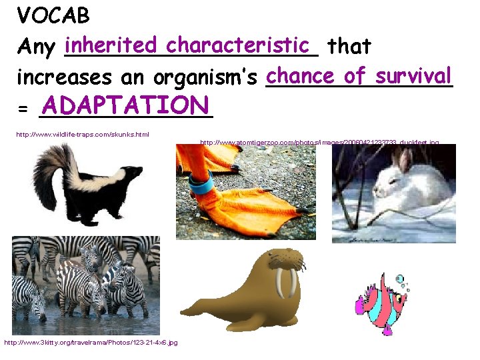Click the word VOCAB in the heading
[x=53, y=15]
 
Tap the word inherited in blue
[x=113, y=45]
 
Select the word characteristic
[x=239, y=45]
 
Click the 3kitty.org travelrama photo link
[x=91, y=342]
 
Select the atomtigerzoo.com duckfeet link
[x=319, y=142]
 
